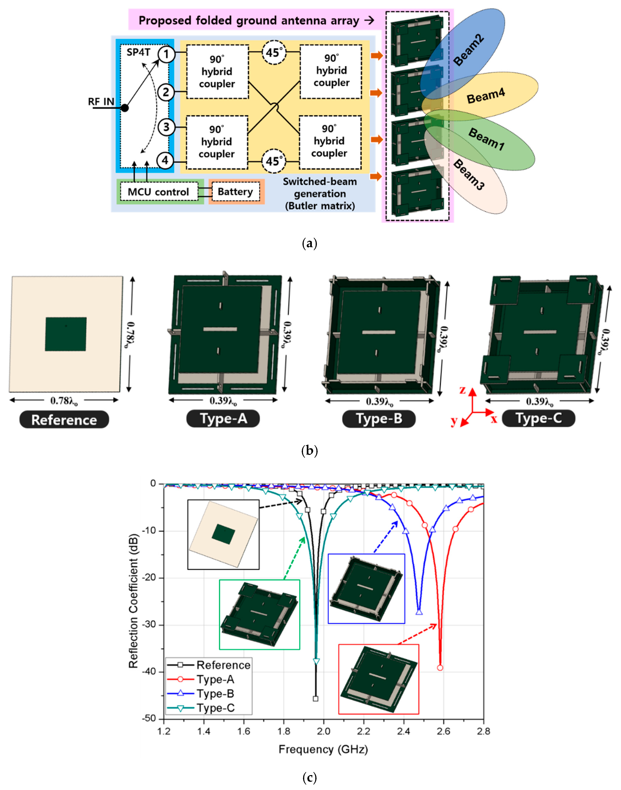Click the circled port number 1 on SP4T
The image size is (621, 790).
pos(166,54)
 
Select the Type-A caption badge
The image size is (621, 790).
pos(223,419)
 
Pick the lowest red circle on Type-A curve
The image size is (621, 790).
pos(440,667)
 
